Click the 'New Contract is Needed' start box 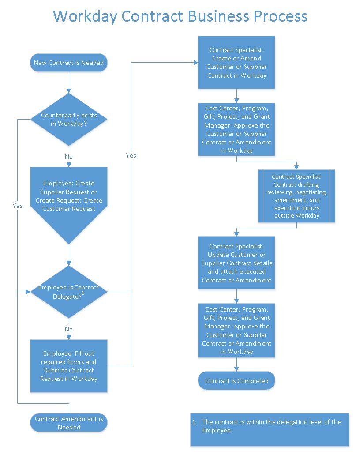click(69, 63)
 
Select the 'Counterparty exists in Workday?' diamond click(69, 120)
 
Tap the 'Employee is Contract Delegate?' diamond click(69, 292)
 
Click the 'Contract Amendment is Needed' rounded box click(69, 423)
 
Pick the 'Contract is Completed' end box click(236, 380)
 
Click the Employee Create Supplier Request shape click(69, 196)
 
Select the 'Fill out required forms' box click(69, 366)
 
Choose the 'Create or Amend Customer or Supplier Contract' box click(236, 63)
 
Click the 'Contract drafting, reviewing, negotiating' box click(296, 196)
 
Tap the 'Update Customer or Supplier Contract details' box click(236, 263)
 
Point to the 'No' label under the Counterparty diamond click(69, 157)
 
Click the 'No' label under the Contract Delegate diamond click(69, 329)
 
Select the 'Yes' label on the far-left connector click(18, 206)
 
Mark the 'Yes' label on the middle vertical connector click(131, 155)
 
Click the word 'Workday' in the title click(84, 16)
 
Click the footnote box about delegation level click(270, 429)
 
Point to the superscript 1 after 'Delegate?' click(82, 293)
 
